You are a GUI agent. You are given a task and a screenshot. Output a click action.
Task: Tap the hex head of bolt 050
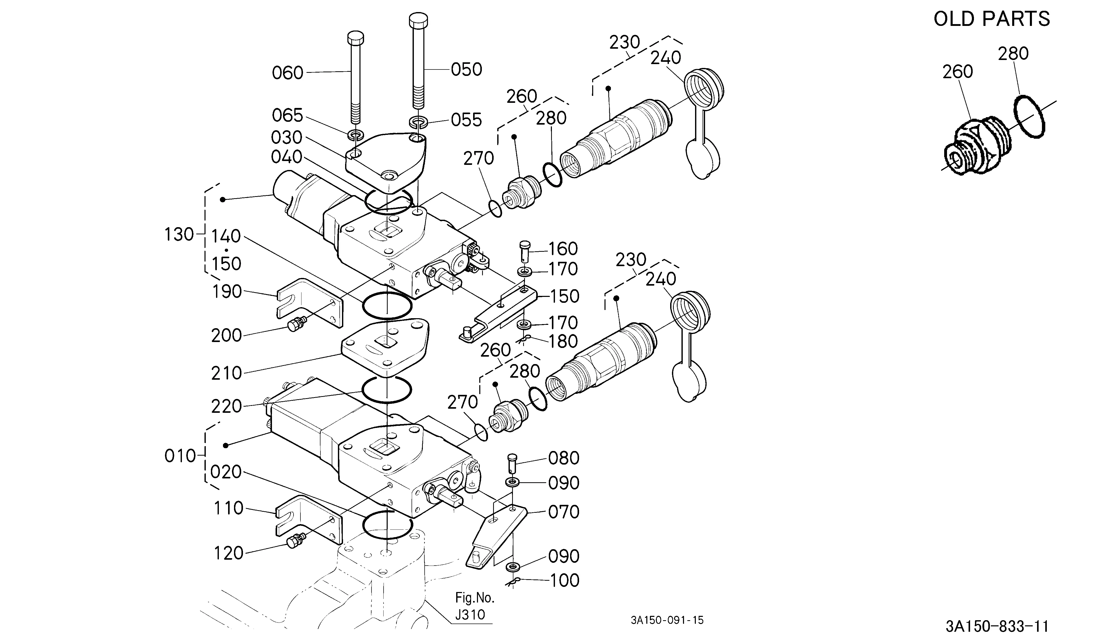pos(418,20)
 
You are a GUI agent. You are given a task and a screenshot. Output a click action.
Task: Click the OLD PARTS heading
pos(992,19)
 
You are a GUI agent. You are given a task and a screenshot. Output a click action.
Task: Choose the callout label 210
pos(227,373)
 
